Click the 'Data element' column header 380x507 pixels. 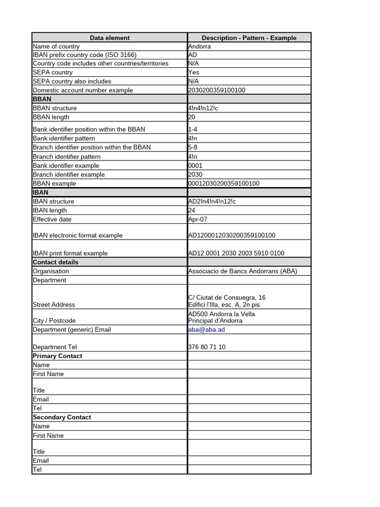click(x=109, y=38)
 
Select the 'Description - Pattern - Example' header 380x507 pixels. click(x=249, y=38)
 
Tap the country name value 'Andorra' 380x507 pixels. click(x=199, y=47)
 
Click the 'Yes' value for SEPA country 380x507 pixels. click(x=194, y=72)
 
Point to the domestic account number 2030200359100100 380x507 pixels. click(x=217, y=90)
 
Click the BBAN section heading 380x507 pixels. click(x=42, y=99)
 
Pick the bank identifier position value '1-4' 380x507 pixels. click(x=193, y=129)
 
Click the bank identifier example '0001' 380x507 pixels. click(x=195, y=165)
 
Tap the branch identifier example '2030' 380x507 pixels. click(x=195, y=174)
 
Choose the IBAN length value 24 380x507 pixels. click(x=192, y=210)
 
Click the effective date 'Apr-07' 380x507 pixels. click(x=198, y=219)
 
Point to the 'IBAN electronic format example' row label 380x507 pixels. click(x=77, y=235)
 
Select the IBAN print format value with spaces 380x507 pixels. click(x=236, y=253)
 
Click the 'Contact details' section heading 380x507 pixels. click(x=55, y=262)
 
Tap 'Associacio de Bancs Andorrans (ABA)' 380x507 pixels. click(x=242, y=271)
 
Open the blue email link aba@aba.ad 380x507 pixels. click(x=206, y=329)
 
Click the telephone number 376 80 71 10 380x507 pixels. click(x=207, y=347)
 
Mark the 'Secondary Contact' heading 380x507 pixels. click(x=62, y=417)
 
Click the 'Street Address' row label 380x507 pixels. click(x=54, y=304)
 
